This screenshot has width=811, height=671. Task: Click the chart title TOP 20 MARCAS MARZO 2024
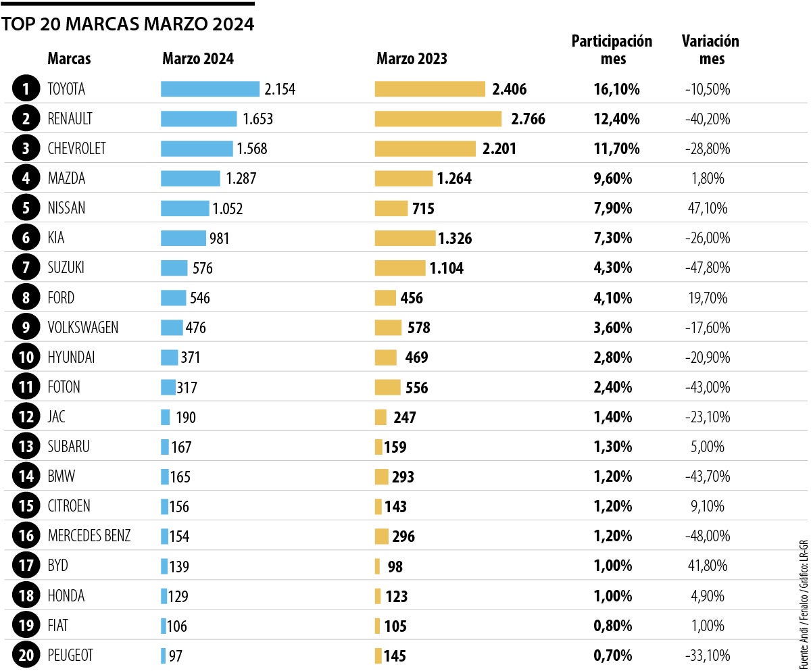[128, 25]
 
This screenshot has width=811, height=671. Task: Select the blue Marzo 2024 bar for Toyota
[210, 89]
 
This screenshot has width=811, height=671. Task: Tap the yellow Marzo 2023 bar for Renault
[439, 119]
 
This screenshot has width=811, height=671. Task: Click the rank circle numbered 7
[26, 268]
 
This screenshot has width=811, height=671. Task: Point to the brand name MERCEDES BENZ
[89, 536]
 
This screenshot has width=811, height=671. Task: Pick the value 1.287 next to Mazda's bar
[241, 179]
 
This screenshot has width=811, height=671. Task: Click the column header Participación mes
[612, 50]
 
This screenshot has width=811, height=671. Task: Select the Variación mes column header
[710, 50]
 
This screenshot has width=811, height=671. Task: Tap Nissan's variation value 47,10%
[708, 209]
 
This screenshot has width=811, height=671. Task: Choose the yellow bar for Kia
[405, 239]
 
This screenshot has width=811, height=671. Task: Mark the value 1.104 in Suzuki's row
[446, 269]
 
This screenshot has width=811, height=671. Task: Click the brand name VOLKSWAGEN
[83, 328]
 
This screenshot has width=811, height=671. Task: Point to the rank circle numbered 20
[26, 655]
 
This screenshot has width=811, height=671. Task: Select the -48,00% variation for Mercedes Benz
[707, 537]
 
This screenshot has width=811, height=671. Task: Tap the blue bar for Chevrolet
[197, 149]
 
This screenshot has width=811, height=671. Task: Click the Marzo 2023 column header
[412, 59]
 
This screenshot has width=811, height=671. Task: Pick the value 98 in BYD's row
[395, 567]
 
